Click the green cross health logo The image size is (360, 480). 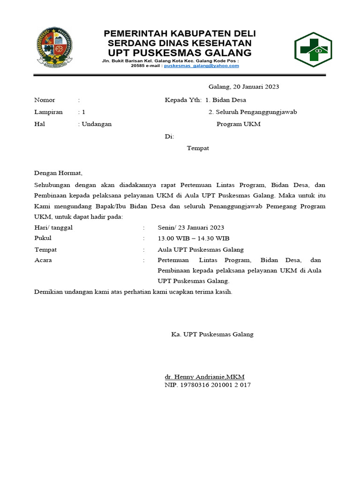coord(313,50)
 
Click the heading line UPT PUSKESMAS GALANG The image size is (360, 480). coord(180,52)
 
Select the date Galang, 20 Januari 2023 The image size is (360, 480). coord(244,87)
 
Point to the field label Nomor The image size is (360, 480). coord(45,100)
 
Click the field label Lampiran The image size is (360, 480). coord(48,112)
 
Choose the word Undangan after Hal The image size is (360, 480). coord(97,124)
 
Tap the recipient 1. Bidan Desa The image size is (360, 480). coord(226,100)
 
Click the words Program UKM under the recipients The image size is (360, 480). coord(239,124)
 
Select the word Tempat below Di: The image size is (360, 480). coord(198,148)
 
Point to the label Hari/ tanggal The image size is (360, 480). coord(53,228)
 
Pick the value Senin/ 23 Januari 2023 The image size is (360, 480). coord(191,228)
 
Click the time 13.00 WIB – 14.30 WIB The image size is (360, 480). coord(194,239)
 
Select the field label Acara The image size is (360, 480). coord(43,260)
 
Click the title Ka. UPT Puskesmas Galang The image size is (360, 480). coord(212,334)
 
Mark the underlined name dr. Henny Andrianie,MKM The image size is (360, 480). coord(204,377)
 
